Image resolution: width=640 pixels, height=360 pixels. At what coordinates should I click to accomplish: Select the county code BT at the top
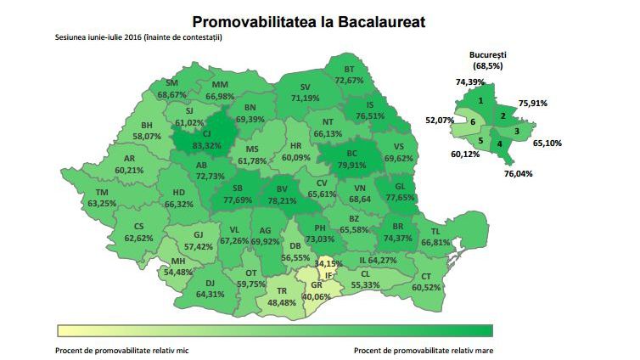click(349, 69)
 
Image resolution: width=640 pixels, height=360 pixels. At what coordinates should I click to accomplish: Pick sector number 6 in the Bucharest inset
click(472, 122)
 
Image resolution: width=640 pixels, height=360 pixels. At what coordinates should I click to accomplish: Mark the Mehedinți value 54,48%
click(179, 272)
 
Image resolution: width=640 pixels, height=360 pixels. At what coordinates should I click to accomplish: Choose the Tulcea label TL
click(435, 231)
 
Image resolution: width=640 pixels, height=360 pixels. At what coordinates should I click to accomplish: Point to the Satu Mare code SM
click(171, 83)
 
